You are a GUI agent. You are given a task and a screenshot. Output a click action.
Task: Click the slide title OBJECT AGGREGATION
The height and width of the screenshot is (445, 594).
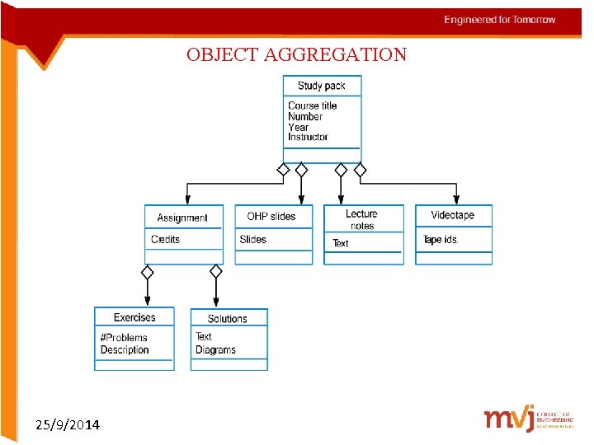(296, 55)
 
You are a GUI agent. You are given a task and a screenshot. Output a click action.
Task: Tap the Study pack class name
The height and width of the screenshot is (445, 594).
(321, 86)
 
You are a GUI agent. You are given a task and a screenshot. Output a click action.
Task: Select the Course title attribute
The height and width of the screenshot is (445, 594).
(312, 105)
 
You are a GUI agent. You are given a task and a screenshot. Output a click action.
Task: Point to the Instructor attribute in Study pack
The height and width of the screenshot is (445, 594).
(308, 137)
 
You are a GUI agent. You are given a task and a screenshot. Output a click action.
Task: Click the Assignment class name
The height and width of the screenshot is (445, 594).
(182, 218)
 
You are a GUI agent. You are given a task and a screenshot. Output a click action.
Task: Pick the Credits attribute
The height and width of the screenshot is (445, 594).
(165, 239)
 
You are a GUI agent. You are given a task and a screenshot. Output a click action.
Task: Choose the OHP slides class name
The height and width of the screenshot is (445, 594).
(271, 216)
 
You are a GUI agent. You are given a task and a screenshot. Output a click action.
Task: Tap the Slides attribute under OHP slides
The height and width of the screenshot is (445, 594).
(252, 239)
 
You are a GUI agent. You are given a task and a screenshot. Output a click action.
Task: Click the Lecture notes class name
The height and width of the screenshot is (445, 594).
(361, 219)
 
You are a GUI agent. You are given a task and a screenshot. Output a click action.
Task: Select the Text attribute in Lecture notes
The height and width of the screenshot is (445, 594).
(340, 243)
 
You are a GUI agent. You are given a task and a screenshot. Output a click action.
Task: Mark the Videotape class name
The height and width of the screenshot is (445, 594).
(452, 215)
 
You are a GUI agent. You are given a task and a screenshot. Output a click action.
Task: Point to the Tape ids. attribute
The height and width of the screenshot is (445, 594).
(441, 240)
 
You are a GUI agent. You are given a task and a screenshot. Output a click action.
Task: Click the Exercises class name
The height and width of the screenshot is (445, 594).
(134, 317)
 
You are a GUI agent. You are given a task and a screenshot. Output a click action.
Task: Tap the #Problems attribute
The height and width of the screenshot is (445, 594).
(124, 337)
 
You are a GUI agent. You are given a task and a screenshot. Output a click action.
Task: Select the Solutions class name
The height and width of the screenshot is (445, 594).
(227, 319)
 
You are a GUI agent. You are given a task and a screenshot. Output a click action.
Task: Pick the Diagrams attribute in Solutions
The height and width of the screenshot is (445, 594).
(215, 349)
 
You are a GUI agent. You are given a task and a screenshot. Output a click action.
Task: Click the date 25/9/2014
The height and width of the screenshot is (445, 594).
(68, 425)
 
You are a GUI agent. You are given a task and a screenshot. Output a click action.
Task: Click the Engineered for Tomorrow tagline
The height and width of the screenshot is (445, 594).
(500, 20)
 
